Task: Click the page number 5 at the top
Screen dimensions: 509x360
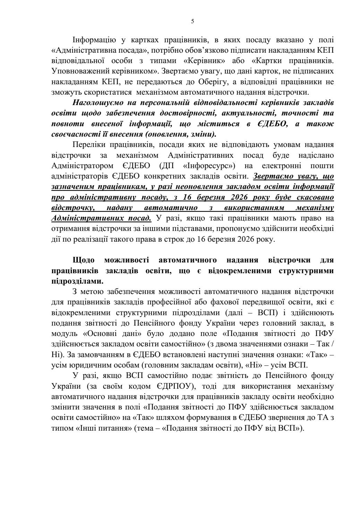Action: (192, 21)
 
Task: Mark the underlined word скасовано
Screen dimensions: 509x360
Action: (314, 197)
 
